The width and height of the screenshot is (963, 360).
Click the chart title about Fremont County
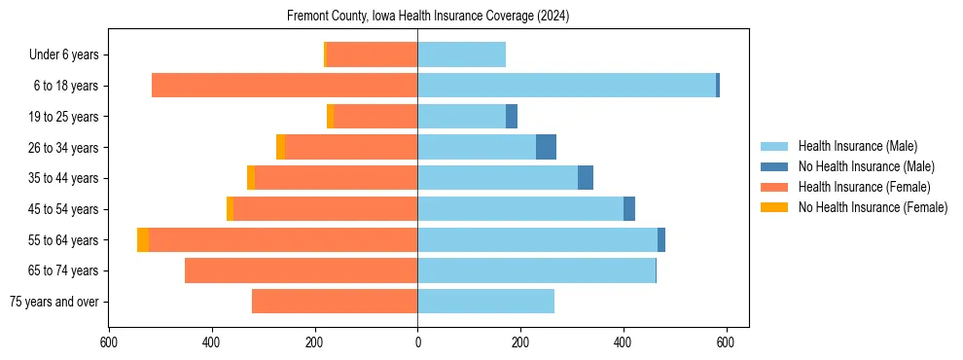point(428,17)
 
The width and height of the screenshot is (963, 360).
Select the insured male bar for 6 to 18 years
point(566,86)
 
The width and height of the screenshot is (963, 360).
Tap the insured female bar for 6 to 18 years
point(284,86)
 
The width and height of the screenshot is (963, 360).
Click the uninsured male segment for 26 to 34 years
point(546,147)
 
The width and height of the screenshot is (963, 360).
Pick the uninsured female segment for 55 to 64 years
point(143,239)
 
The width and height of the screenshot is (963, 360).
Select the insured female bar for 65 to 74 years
point(301,270)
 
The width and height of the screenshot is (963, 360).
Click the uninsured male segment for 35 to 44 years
point(586,178)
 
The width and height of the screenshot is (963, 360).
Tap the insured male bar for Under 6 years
point(461,54)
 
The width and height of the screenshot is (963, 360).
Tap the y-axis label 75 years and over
point(54,302)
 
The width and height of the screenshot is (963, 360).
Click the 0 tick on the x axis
point(417,342)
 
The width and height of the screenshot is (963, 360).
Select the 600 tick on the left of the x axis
point(109,342)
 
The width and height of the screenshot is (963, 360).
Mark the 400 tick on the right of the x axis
point(624,342)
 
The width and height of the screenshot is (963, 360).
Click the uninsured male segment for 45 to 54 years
point(629,209)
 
